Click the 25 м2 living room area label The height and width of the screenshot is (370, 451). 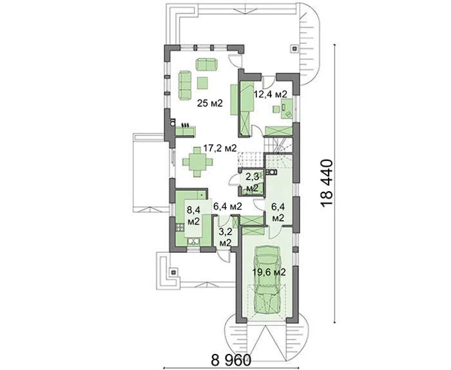[210, 103]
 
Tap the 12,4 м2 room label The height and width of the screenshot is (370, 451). [270, 94]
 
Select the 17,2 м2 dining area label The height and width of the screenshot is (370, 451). [220, 148]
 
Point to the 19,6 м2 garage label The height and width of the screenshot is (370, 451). [269, 272]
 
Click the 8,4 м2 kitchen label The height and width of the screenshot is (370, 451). [193, 215]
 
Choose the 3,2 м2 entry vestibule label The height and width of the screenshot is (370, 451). [225, 237]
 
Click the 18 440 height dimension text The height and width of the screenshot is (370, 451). [327, 183]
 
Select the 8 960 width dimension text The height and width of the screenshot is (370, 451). [231, 359]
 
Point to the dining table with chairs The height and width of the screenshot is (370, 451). [197, 162]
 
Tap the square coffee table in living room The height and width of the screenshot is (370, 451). [203, 83]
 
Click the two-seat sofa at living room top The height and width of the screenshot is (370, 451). [207, 64]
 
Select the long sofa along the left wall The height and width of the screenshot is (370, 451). [186, 86]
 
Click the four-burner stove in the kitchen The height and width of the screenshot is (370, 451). [180, 228]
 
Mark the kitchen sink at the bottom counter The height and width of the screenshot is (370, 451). [193, 241]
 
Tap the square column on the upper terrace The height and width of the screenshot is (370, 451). [294, 48]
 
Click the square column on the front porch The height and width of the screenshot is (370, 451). [173, 271]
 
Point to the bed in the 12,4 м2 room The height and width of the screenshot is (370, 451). [247, 97]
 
